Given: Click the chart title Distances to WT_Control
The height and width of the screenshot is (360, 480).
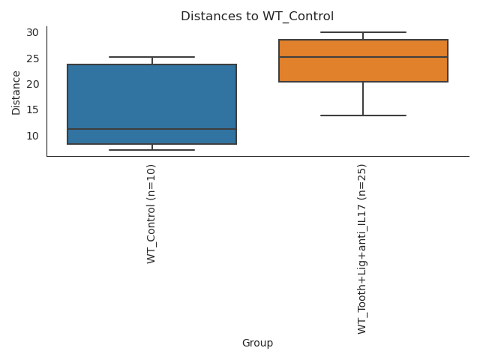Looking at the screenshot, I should pyautogui.click(x=257, y=16).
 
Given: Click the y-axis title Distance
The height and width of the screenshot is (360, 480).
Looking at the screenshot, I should pyautogui.click(x=16, y=93).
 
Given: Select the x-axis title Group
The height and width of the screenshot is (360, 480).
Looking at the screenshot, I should pyautogui.click(x=257, y=343).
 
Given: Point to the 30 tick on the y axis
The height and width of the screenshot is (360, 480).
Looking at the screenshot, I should pyautogui.click(x=32, y=32).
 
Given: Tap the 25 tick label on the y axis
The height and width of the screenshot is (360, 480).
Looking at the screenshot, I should pyautogui.click(x=32, y=58).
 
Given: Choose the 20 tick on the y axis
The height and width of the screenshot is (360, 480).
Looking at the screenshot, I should pyautogui.click(x=32, y=84).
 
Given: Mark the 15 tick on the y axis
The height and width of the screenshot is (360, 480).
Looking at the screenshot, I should pyautogui.click(x=32, y=109).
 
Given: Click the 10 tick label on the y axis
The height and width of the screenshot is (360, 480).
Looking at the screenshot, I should pyautogui.click(x=32, y=136).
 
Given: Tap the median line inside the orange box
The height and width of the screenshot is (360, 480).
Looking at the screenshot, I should pyautogui.click(x=363, y=57).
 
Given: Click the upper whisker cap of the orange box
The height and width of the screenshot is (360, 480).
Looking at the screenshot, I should pyautogui.click(x=363, y=32).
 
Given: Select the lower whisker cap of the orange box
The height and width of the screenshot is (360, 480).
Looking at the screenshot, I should pyautogui.click(x=363, y=115).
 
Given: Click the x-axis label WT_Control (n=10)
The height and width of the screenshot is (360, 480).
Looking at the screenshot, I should pyautogui.click(x=152, y=214).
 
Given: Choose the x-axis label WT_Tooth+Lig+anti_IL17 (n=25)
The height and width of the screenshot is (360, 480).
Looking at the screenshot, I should pyautogui.click(x=363, y=248).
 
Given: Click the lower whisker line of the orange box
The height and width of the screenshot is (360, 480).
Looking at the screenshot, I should pyautogui.click(x=363, y=98).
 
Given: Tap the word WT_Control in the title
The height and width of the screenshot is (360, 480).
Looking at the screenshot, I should pyautogui.click(x=297, y=16).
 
